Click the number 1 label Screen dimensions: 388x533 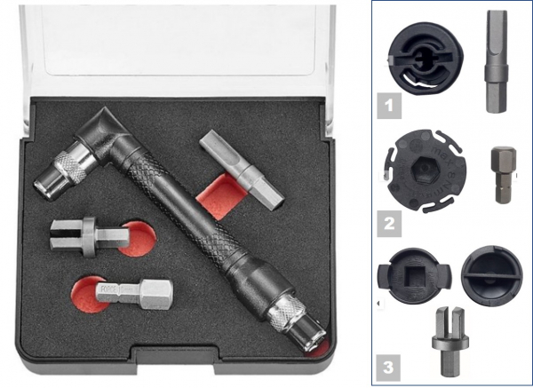coord(388,107)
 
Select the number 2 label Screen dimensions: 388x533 coord(388,221)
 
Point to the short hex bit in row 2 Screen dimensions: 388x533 coord(501,174)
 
